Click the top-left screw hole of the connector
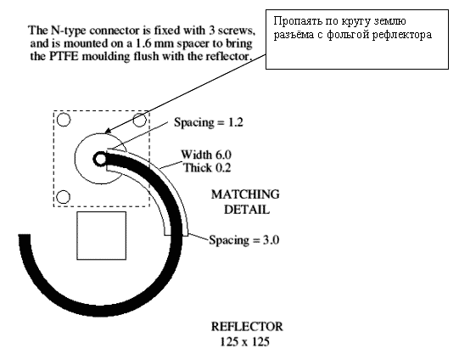click(64, 120)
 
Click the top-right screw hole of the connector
click(140, 120)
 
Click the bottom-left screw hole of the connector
click(63, 197)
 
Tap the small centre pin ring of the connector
click(100, 160)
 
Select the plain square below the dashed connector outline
click(102, 235)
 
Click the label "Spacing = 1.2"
click(209, 122)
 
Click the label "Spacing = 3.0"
click(243, 240)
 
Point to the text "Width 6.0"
click(206, 155)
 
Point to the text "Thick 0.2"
click(207, 168)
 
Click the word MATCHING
click(245, 194)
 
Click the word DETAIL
click(247, 210)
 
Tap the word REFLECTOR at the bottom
click(247, 327)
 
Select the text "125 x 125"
click(244, 341)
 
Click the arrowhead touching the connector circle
click(108, 131)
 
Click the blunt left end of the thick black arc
click(25, 235)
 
